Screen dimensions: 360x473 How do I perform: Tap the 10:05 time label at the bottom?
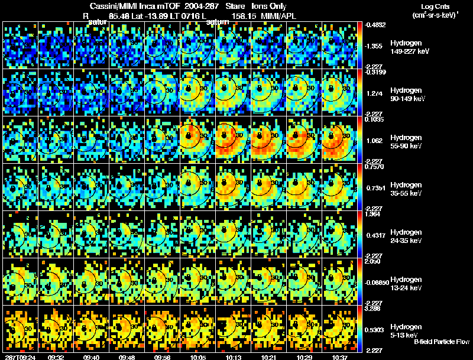pos(197,356)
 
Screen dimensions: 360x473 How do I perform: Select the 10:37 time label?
pos(339,356)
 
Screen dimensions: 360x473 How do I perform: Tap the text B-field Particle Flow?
pos(442,342)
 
